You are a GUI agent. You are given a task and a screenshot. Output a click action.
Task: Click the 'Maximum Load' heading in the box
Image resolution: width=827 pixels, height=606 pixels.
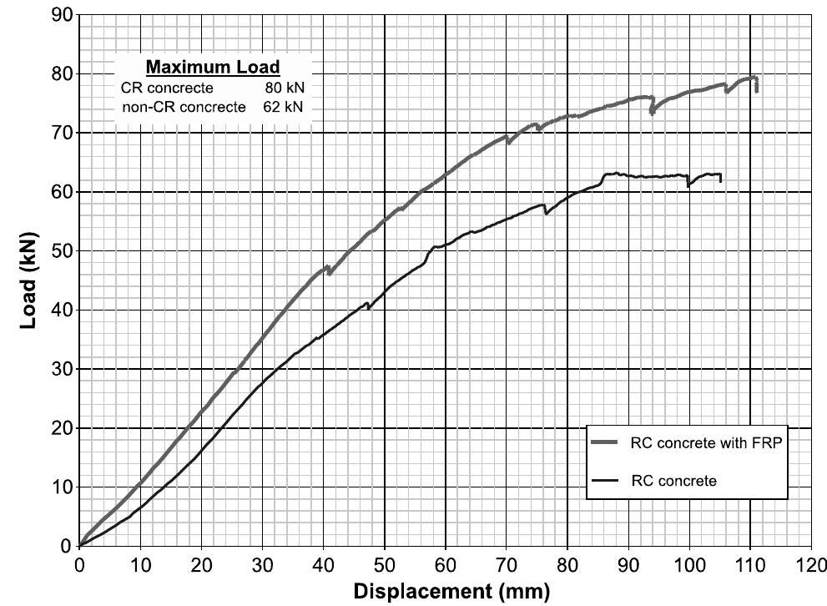point(213,68)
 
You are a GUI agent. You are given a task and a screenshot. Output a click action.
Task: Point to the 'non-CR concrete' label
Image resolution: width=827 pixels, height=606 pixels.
point(184,107)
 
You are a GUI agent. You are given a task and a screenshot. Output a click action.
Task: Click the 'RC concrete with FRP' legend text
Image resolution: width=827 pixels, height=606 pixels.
point(706,443)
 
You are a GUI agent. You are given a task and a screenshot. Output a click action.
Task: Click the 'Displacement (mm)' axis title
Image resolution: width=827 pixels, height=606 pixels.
point(452,593)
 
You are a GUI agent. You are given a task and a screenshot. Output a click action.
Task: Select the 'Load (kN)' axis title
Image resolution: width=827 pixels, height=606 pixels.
point(28,280)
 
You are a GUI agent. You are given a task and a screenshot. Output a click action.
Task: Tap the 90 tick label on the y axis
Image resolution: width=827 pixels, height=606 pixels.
point(62,15)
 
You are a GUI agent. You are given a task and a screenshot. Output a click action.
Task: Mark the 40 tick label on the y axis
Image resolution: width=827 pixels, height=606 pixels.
point(62,311)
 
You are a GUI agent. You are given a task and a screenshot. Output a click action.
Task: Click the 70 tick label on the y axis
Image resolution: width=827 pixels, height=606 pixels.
point(62,134)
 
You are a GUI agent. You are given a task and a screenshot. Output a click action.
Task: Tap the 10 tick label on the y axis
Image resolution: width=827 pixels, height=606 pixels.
point(62,487)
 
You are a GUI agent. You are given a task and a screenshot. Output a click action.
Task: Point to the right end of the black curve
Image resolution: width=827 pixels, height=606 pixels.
point(720,181)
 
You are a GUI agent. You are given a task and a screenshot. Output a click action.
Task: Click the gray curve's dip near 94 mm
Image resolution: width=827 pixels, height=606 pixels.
point(652,113)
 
